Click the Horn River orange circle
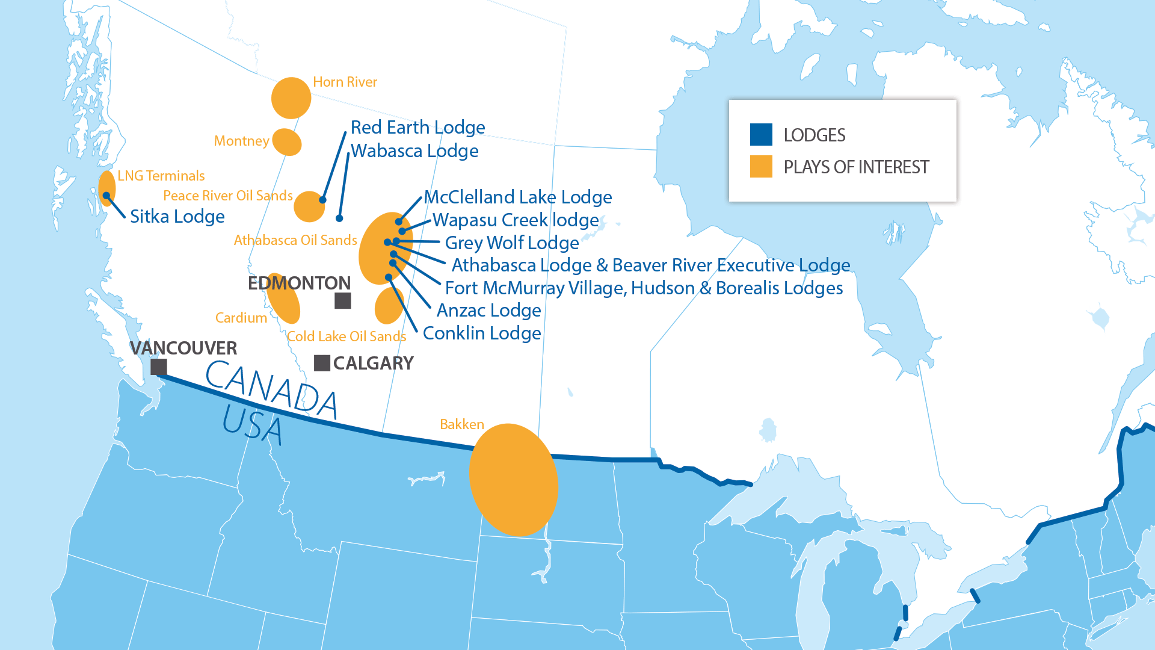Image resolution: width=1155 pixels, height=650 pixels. pos(291,98)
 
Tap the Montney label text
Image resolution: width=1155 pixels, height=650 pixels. pos(241,141)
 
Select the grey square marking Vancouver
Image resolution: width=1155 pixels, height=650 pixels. pos(159,367)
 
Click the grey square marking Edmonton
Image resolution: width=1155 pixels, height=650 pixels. pos(343,300)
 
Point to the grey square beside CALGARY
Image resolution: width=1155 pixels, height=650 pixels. pos(322,363)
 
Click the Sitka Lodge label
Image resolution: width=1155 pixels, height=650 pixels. pos(177,217)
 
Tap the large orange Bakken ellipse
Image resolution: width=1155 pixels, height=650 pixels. pos(513,480)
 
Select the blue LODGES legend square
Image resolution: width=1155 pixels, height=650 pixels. pos(761,135)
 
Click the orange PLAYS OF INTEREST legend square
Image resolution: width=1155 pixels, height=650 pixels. pos(761,167)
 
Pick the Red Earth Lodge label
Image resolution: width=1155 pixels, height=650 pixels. pos(417,128)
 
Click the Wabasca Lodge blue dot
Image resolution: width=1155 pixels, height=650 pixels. pos(339,218)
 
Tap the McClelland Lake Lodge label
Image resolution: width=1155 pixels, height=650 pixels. pos(518,197)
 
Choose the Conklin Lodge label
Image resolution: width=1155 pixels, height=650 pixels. pos(482,333)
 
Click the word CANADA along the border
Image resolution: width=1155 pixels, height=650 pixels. pos(271,389)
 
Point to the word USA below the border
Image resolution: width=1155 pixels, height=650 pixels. pos(252,425)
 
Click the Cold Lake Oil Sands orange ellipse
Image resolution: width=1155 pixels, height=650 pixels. pos(389,306)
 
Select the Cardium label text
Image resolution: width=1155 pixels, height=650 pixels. pos(241,318)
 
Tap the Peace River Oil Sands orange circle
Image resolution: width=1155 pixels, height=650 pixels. pos(309,207)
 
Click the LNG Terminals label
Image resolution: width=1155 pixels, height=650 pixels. pos(161,176)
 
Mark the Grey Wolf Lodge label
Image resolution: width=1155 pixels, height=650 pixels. pos(511,243)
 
